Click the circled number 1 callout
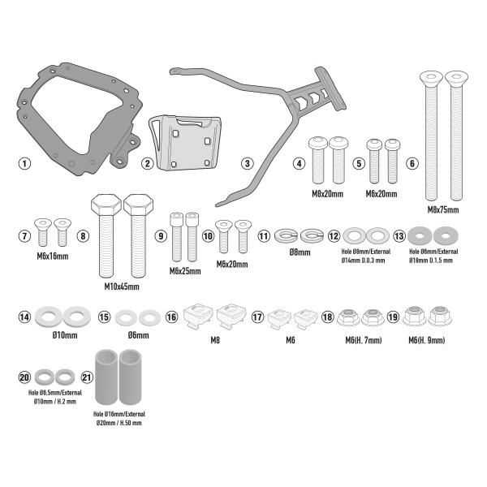25,163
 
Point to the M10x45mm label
122,287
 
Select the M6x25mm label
185,270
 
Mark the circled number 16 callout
172,318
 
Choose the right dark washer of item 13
444,236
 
